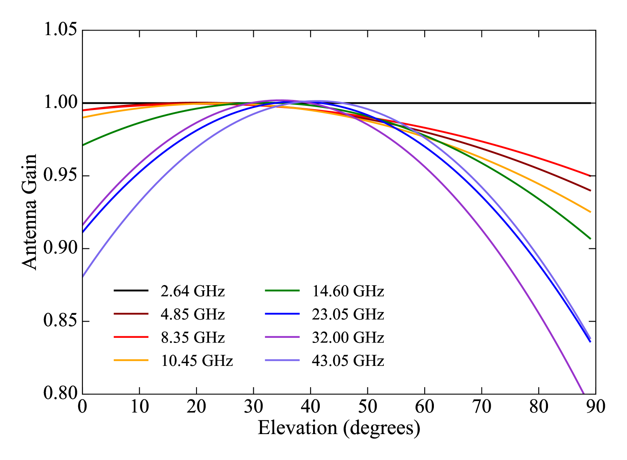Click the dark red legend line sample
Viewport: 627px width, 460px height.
131,314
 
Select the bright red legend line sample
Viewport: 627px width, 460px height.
131,337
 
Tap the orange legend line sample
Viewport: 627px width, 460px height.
131,360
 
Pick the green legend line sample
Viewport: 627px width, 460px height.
282,290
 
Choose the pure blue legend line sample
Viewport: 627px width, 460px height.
282,314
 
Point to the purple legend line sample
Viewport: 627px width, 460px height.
282,337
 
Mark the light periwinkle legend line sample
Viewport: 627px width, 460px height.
282,360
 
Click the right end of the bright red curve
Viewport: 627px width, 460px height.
590,176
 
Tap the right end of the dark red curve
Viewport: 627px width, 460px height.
590,190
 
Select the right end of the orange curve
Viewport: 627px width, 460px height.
590,212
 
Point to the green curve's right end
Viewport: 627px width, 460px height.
590,238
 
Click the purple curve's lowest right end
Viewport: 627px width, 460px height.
583,393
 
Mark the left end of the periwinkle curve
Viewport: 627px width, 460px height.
84,276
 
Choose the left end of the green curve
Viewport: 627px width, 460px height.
84,145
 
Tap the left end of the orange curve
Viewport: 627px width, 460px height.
84,117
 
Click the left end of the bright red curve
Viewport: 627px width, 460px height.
84,110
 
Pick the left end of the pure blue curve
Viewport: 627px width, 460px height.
84,231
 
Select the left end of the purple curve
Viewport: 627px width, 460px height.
84,225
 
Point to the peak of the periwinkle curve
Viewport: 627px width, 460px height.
320,101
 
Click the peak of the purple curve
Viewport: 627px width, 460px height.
279,100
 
